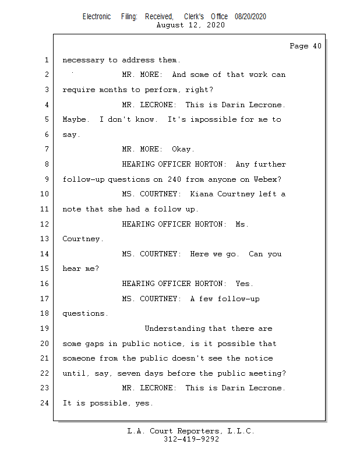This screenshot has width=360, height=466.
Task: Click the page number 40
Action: pyautogui.click(x=317, y=46)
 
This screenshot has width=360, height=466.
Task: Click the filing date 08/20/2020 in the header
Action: pyautogui.click(x=250, y=17)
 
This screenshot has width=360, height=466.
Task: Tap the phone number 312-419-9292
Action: pyautogui.click(x=191, y=439)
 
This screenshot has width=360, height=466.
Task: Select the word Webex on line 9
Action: pyautogui.click(x=266, y=179)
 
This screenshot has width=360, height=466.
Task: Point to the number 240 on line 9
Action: pyautogui.click(x=174, y=179)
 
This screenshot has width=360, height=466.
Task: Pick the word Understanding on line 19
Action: pyautogui.click(x=175, y=329)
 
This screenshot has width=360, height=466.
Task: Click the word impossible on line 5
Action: pyautogui.click(x=213, y=119)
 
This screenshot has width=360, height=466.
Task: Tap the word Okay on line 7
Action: pyautogui.click(x=181, y=149)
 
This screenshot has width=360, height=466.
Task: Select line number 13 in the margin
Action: pyautogui.click(x=44, y=239)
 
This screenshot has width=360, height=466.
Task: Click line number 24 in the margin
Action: pyautogui.click(x=44, y=403)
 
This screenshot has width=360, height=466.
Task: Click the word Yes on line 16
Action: pyautogui.click(x=242, y=284)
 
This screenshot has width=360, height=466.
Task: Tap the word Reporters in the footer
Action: pyautogui.click(x=198, y=431)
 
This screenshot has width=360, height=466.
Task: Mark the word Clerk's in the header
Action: pyautogui.click(x=194, y=17)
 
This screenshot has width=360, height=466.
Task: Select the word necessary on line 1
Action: pyautogui.click(x=83, y=61)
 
